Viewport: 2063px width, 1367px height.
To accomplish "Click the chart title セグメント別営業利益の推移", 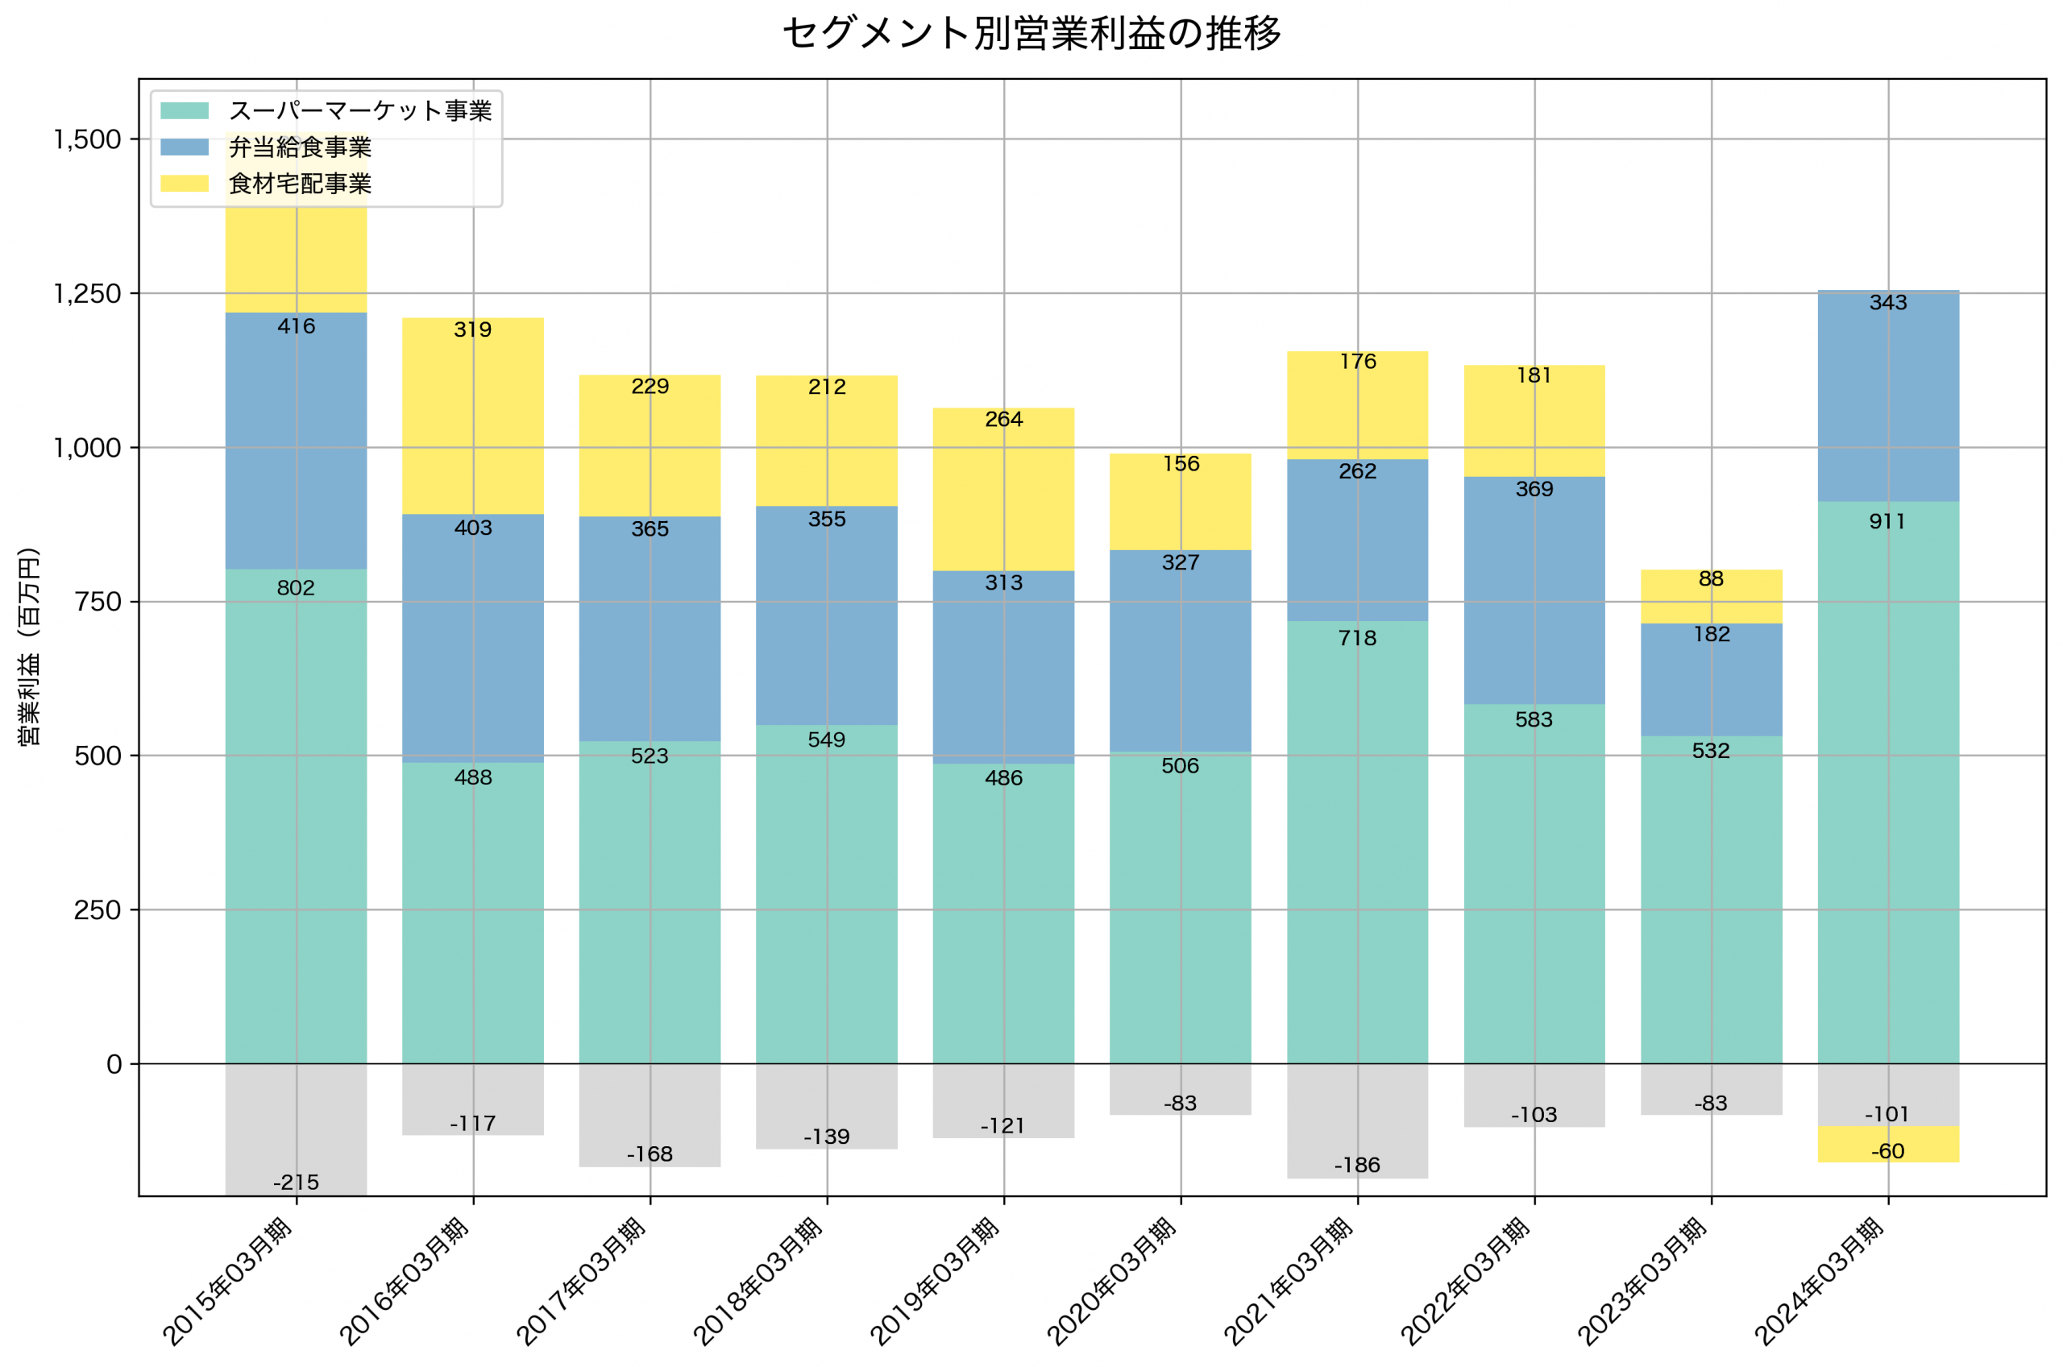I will [x=1031, y=33].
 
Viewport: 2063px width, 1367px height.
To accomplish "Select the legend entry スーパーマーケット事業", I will [x=359, y=110].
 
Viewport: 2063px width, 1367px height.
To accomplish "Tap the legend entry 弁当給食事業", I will [x=299, y=147].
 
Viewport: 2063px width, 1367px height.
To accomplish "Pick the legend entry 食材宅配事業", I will [x=299, y=184].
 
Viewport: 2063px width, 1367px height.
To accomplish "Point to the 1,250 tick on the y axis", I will [x=87, y=294].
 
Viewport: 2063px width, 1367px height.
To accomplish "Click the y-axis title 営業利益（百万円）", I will [x=29, y=646].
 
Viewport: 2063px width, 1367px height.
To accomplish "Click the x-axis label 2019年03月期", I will [x=935, y=1282].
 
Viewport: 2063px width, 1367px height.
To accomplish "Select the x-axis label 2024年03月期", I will [x=1819, y=1282].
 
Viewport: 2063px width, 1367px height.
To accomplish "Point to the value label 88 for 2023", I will [x=1711, y=579].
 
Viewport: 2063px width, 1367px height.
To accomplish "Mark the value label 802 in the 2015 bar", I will [x=296, y=587].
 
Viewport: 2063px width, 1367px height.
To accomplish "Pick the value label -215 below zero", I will [x=296, y=1183].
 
